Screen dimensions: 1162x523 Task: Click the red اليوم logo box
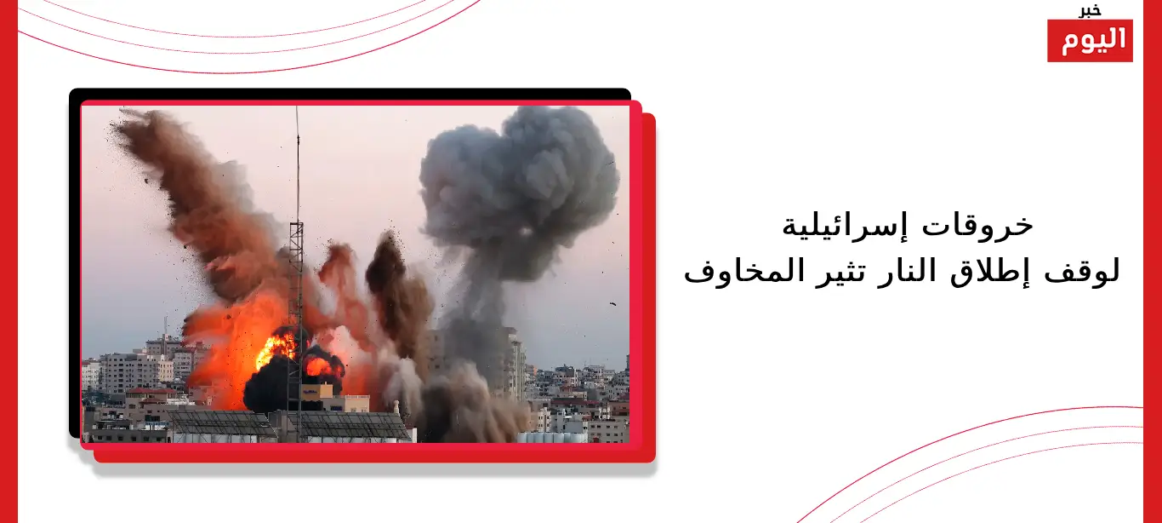1090,41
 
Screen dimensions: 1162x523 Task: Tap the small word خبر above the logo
1090,10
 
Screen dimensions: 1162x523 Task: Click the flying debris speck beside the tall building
612,304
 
